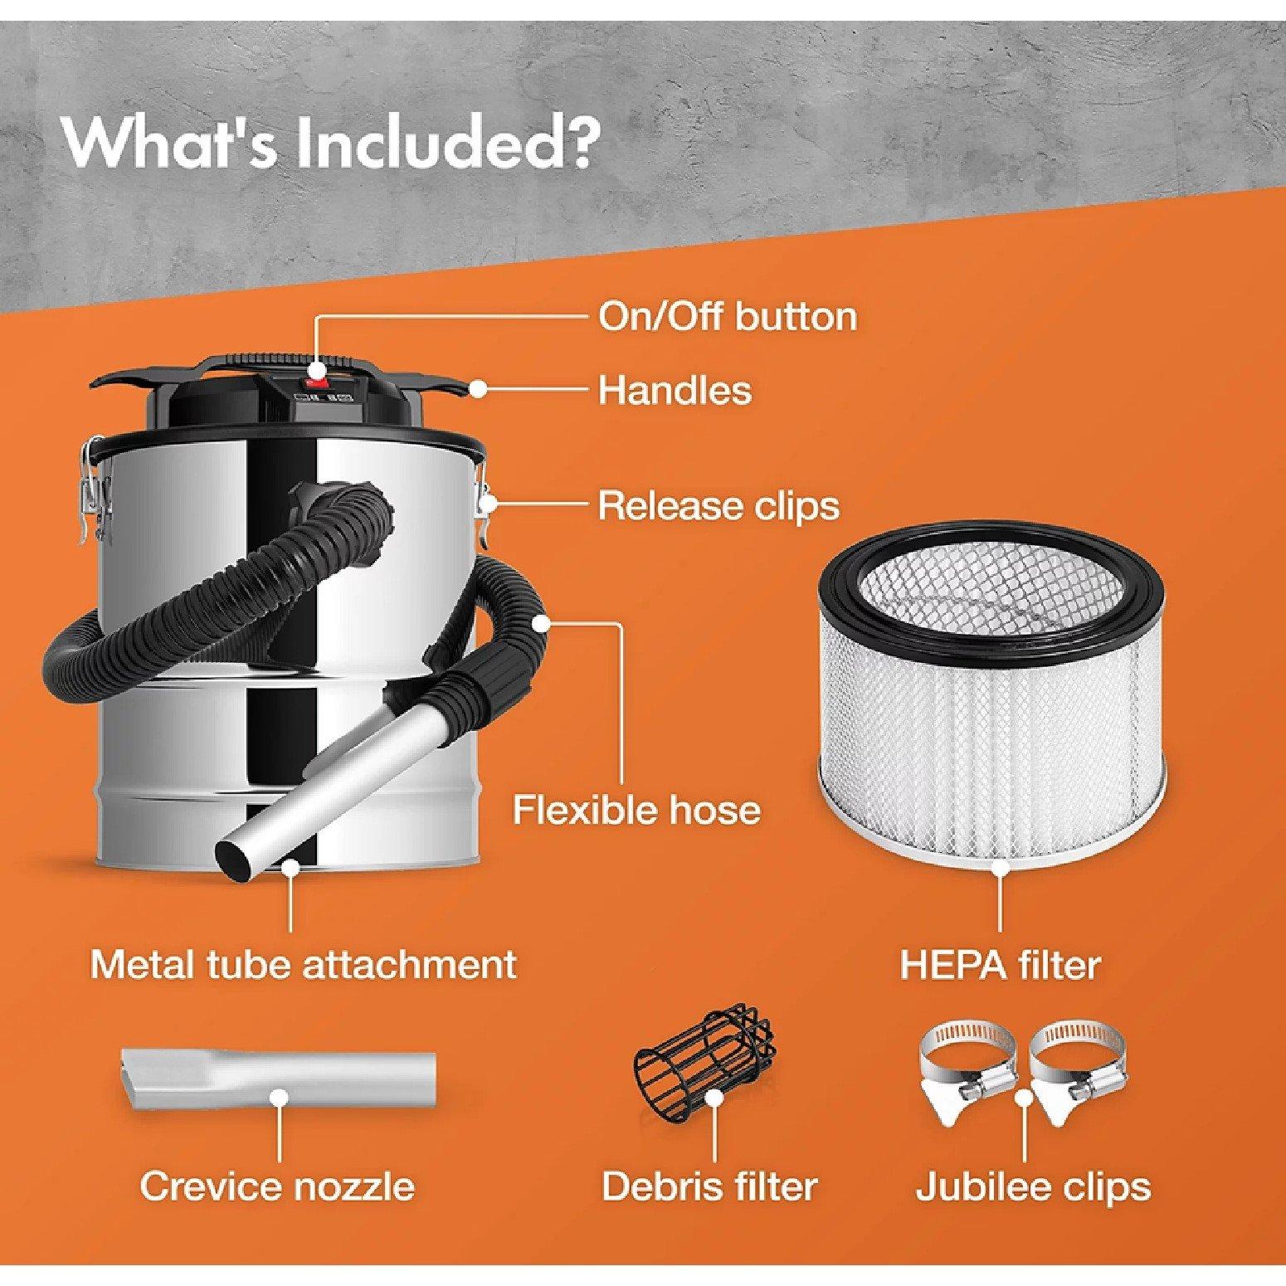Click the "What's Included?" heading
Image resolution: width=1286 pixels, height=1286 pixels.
pyautogui.click(x=329, y=144)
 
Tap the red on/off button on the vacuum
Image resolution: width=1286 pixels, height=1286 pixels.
pyautogui.click(x=315, y=382)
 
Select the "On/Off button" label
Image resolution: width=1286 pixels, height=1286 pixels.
pyautogui.click(x=727, y=317)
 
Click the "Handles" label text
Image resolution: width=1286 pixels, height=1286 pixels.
pyautogui.click(x=675, y=389)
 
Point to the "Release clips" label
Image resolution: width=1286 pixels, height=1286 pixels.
pyautogui.click(x=719, y=505)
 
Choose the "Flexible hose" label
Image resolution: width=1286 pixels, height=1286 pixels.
pyautogui.click(x=636, y=809)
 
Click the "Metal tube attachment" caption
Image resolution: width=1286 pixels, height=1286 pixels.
pyautogui.click(x=303, y=964)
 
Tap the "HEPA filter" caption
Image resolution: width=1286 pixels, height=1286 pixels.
pyautogui.click(x=1000, y=964)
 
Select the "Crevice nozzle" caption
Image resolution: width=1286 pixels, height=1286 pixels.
pyautogui.click(x=277, y=1186)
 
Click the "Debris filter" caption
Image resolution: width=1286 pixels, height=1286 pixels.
pyautogui.click(x=709, y=1186)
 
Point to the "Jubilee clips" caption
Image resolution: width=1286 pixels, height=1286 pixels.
pyautogui.click(x=1033, y=1186)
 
